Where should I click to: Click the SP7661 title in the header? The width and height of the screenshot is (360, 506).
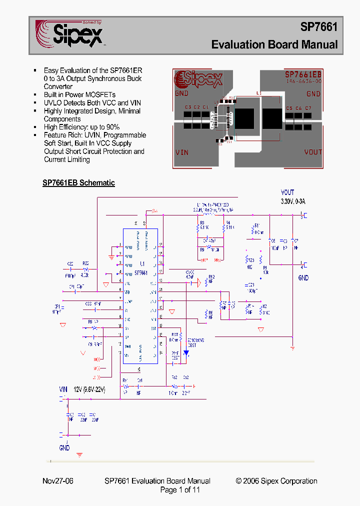point(318,27)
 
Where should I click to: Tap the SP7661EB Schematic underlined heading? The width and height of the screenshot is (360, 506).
point(78,183)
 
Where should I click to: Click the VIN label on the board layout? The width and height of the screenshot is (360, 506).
point(182,152)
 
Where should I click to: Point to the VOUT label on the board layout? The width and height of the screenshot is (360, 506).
point(313,152)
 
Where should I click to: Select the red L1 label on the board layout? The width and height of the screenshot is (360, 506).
point(258,93)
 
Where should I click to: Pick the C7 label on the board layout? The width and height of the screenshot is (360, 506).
point(308,108)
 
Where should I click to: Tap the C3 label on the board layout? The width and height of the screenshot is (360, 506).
point(187,107)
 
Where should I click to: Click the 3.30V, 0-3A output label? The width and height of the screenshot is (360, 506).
point(292,201)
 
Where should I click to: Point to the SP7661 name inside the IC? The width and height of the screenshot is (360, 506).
point(141,273)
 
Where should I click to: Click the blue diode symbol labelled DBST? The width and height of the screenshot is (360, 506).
point(186,352)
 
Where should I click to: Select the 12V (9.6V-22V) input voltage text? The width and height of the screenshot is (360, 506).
point(88,389)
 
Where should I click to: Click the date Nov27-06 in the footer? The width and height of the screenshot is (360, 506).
point(57,481)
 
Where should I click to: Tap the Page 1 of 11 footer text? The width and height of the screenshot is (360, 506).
point(179,490)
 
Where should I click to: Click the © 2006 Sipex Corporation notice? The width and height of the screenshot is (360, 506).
point(276,481)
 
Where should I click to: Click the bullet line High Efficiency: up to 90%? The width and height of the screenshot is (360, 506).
point(81,127)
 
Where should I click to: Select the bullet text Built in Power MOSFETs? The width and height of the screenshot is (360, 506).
point(79,94)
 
